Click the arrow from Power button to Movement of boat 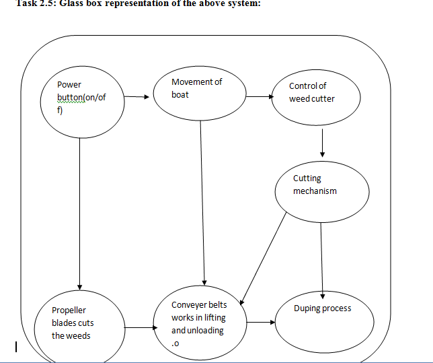pyautogui.click(x=136, y=96)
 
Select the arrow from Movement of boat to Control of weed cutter pyautogui.click(x=260, y=96)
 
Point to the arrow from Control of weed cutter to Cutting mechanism pyautogui.click(x=322, y=143)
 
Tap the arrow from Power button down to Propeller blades pyautogui.click(x=79, y=214)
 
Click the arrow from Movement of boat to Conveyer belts pyautogui.click(x=202, y=203)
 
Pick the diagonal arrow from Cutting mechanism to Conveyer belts pyautogui.click(x=263, y=259)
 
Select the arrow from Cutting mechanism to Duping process pyautogui.click(x=321, y=261)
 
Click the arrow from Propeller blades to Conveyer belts pyautogui.click(x=141, y=327)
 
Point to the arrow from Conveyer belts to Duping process pyautogui.click(x=261, y=322)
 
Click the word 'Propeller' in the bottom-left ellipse pyautogui.click(x=69, y=310)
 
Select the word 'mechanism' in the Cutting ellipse pyautogui.click(x=315, y=191)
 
